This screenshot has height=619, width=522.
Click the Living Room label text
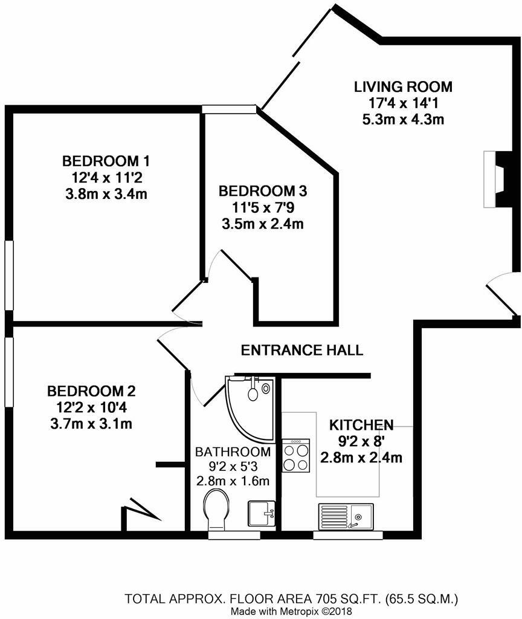pyautogui.click(x=402, y=86)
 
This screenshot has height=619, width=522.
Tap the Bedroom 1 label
pyautogui.click(x=106, y=161)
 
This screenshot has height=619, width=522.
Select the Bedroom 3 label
pyautogui.click(x=263, y=192)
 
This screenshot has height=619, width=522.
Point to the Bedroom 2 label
pyautogui.click(x=91, y=391)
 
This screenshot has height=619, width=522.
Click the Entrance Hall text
pyautogui.click(x=301, y=350)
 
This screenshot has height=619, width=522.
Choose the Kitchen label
pyautogui.click(x=361, y=425)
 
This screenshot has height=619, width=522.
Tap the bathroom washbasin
pyautogui.click(x=261, y=513)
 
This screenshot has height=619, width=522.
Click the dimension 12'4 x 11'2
pyautogui.click(x=106, y=178)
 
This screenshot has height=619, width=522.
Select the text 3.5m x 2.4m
pyautogui.click(x=263, y=225)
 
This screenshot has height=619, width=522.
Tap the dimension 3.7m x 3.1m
pyautogui.click(x=91, y=424)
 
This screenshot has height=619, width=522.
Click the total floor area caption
pyautogui.click(x=292, y=600)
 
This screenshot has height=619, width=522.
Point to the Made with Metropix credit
pyautogui.click(x=292, y=611)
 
